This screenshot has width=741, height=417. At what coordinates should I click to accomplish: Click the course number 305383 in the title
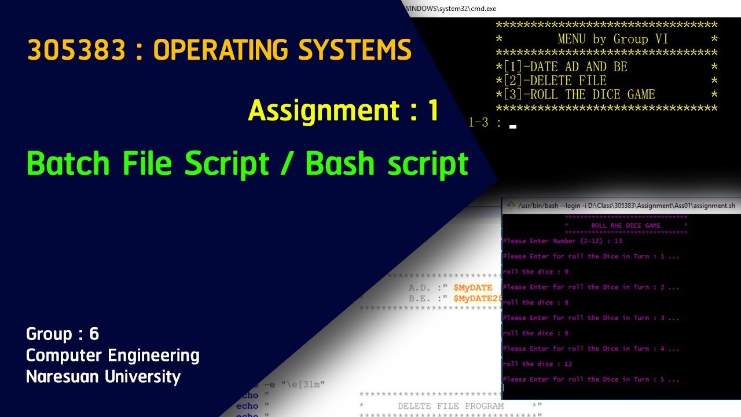76,51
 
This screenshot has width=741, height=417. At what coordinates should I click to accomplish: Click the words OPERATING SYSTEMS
283,51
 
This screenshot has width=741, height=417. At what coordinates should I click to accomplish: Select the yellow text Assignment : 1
343,110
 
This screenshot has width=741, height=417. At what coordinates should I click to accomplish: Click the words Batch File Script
148,164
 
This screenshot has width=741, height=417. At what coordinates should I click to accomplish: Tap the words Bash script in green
387,164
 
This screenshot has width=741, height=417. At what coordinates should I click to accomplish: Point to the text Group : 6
63,334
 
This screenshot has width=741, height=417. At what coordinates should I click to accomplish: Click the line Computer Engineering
113,355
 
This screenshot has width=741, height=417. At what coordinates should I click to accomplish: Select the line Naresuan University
104,376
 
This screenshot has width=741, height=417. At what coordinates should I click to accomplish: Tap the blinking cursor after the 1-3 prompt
513,126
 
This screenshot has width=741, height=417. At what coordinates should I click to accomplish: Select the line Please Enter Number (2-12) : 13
563,241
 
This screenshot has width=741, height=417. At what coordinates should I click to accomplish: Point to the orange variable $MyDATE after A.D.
472,287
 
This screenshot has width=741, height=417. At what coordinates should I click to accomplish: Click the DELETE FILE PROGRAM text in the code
450,406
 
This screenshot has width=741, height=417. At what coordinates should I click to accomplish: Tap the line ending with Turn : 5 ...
590,379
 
